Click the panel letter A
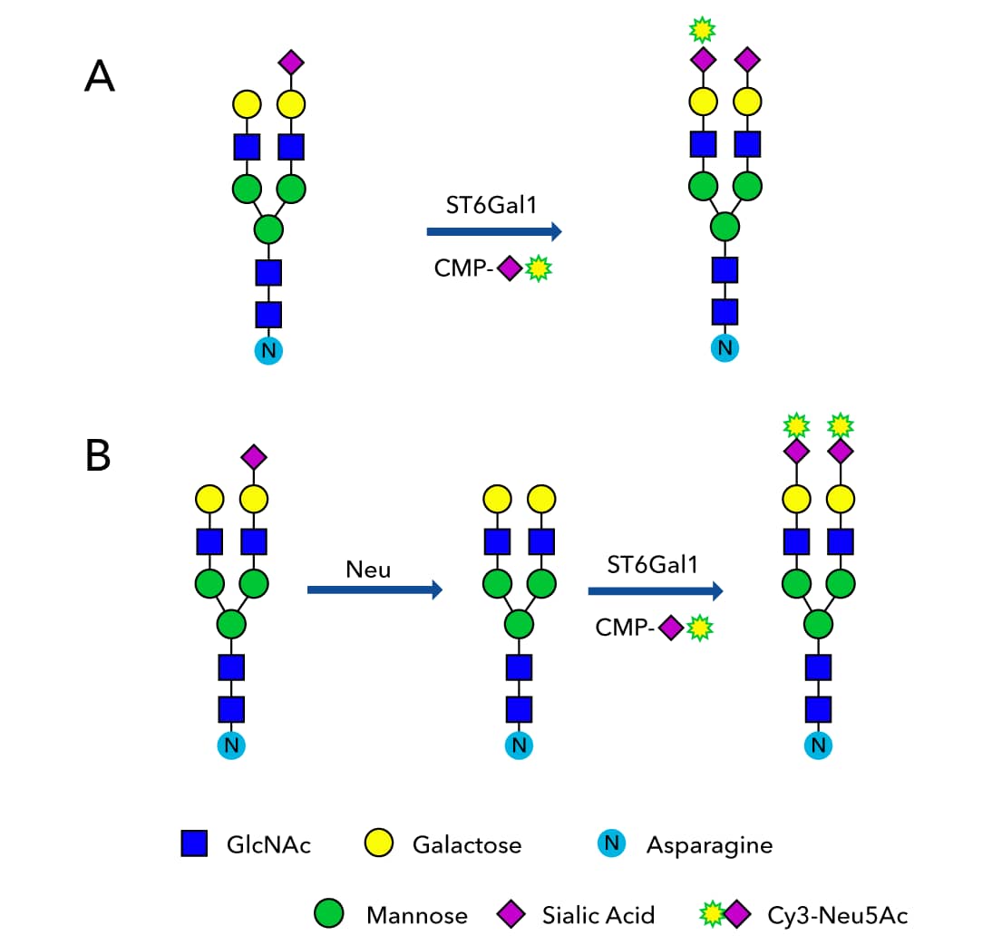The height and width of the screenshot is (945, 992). [100, 75]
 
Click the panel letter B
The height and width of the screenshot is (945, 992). [98, 455]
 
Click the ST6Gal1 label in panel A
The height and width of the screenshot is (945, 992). [491, 205]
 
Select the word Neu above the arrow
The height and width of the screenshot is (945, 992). [368, 570]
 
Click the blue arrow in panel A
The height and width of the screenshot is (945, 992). [494, 232]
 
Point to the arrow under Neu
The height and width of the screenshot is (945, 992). [374, 590]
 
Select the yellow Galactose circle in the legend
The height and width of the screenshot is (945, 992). [380, 844]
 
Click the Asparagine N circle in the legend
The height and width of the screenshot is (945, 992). [613, 844]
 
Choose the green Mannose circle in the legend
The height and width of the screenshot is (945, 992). [328, 914]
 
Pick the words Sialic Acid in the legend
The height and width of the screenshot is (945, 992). [598, 914]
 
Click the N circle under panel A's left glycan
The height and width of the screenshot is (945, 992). [268, 350]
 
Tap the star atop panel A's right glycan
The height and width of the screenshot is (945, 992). [701, 30]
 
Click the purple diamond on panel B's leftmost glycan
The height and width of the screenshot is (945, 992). [254, 456]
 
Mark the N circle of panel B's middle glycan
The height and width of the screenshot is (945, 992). [519, 745]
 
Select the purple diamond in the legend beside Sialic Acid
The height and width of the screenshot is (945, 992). [512, 914]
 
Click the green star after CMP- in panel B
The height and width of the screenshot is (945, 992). [698, 628]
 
